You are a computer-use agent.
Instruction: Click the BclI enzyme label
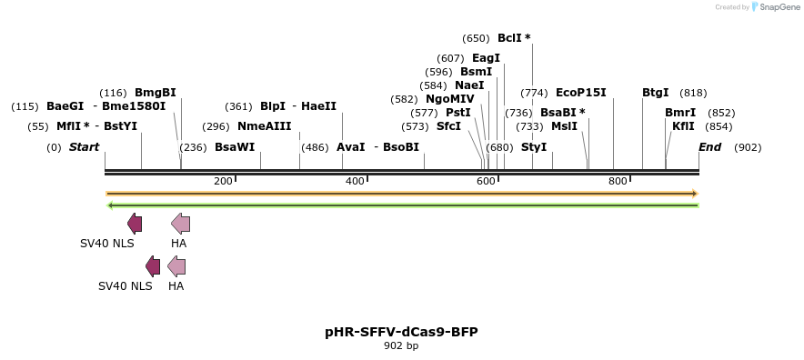(509, 38)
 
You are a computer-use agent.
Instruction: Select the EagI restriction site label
(486, 58)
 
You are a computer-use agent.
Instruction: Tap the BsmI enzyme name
(476, 72)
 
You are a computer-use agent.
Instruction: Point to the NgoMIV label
(450, 99)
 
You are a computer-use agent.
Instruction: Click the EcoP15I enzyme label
(580, 93)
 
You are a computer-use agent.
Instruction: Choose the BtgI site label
(655, 93)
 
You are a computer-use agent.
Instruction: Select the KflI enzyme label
(683, 126)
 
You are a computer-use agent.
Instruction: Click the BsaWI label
(235, 147)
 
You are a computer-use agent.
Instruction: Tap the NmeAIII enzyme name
(265, 126)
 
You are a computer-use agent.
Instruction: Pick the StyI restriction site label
(534, 147)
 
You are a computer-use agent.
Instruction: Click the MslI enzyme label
(564, 126)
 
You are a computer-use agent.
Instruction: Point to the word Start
(84, 147)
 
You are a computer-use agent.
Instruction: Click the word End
(710, 147)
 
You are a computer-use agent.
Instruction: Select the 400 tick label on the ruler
(356, 182)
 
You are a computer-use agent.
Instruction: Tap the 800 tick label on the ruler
(618, 182)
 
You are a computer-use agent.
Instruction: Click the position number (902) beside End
(748, 147)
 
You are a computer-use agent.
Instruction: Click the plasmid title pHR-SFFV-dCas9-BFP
(401, 332)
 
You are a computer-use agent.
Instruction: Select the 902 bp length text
(401, 346)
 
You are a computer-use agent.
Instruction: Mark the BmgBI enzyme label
(156, 93)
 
